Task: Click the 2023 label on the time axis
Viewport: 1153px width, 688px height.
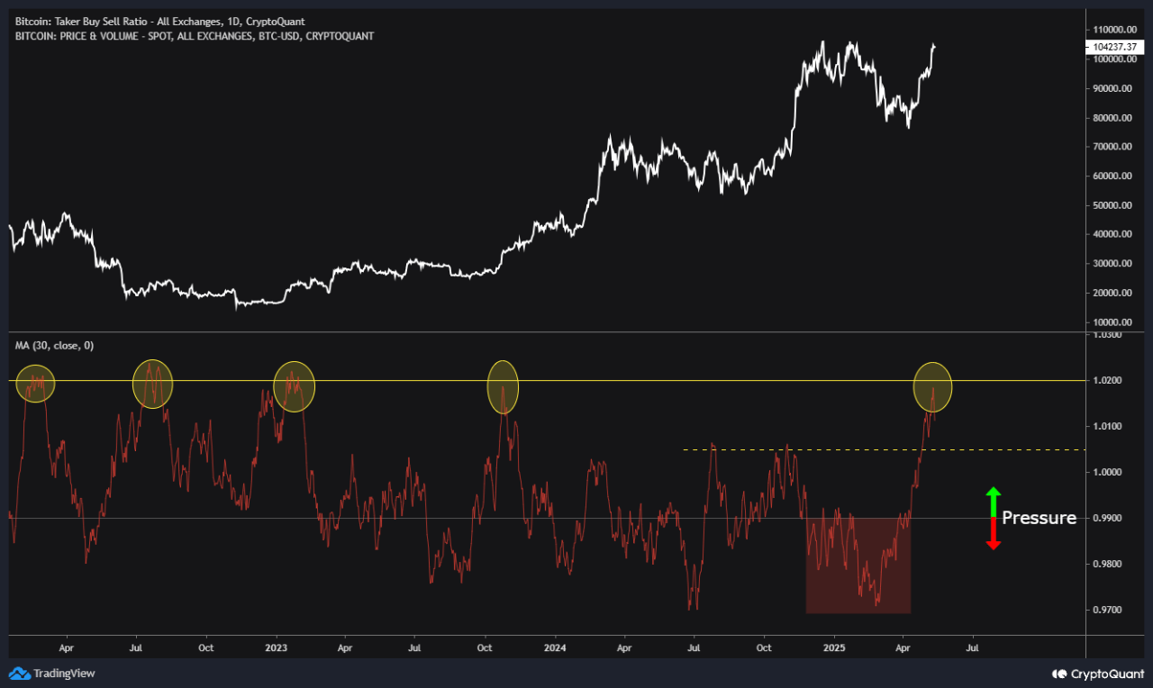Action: click(277, 647)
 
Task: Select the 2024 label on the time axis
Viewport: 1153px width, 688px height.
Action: click(555, 647)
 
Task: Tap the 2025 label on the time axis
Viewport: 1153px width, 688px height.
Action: click(834, 647)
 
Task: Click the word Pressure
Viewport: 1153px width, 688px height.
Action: click(1039, 518)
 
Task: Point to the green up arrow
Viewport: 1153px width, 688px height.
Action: click(993, 501)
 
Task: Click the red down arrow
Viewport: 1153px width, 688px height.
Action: click(993, 535)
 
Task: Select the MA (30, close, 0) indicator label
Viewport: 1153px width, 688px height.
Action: click(54, 345)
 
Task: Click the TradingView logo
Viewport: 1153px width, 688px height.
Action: click(52, 673)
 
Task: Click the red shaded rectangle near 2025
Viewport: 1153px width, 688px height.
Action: click(858, 566)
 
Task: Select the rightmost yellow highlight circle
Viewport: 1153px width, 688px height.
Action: click(932, 387)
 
